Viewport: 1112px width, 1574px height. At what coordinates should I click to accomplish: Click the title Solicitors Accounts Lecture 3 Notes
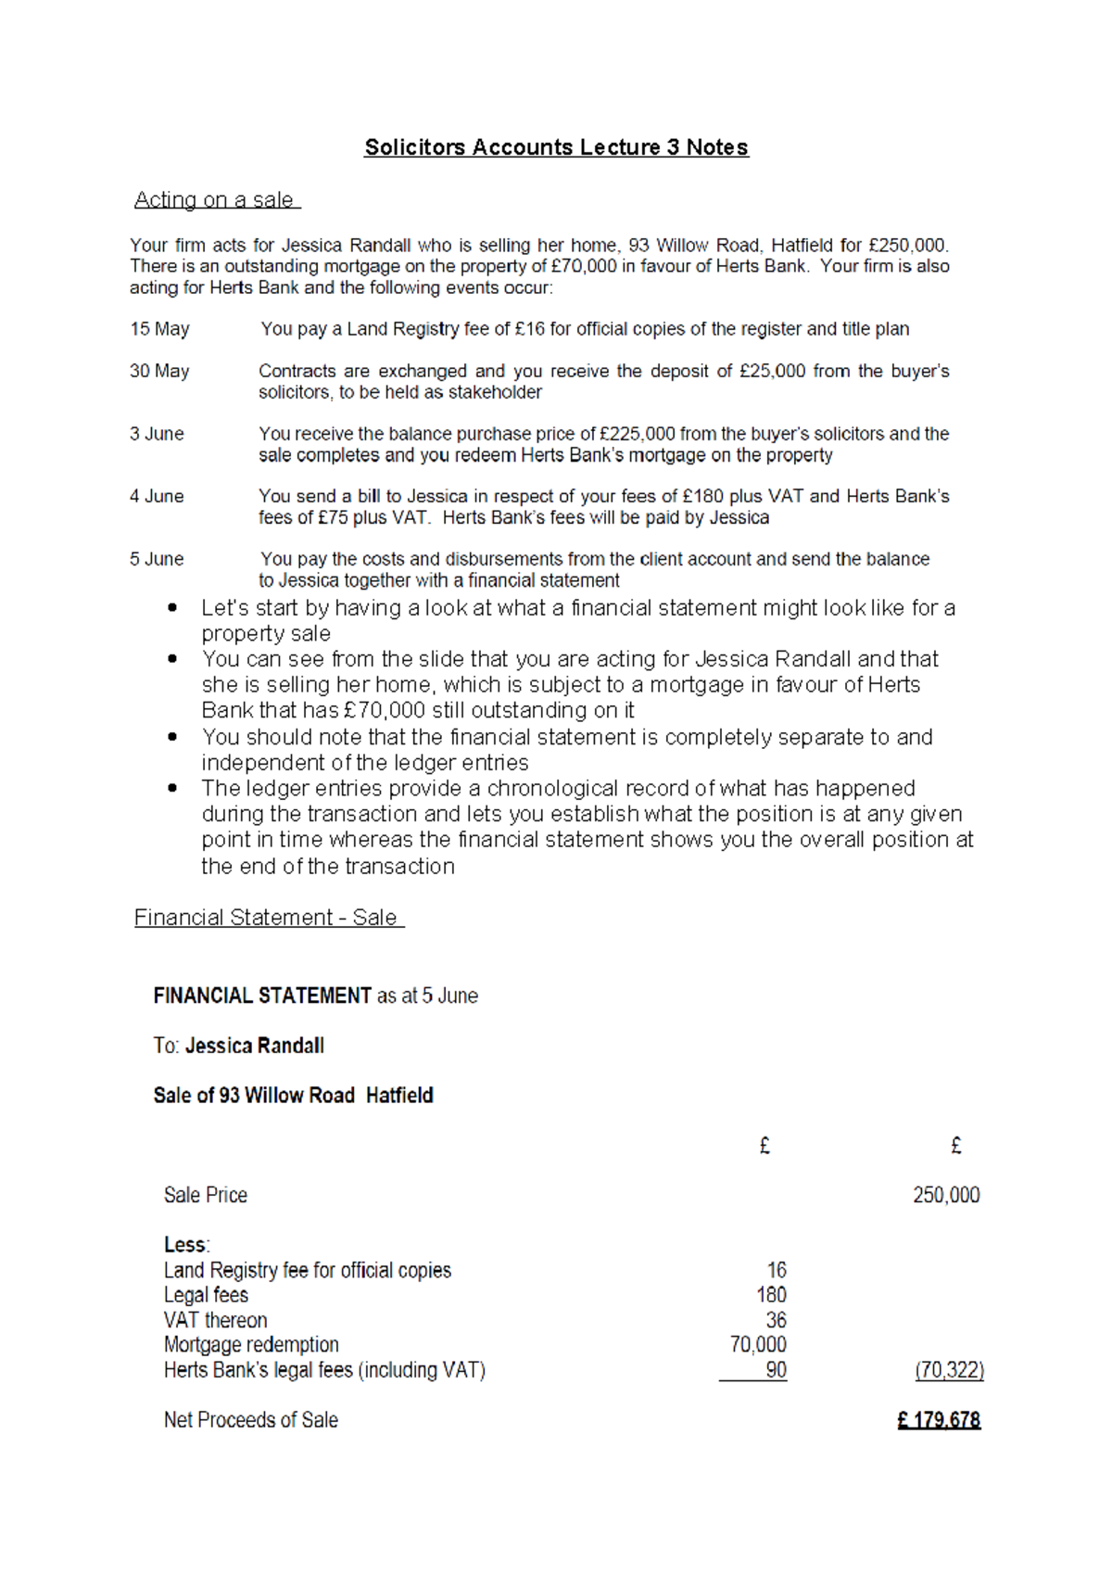(x=556, y=147)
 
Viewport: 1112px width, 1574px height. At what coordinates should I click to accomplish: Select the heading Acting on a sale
(x=215, y=200)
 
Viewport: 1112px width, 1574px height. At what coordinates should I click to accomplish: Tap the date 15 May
(x=159, y=329)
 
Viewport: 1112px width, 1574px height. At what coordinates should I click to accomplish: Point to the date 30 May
(x=159, y=371)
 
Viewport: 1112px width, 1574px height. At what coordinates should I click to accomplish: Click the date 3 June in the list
(x=157, y=434)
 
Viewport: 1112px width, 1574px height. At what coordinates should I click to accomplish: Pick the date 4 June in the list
(x=157, y=496)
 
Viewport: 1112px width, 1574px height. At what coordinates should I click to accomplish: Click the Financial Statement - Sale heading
(x=268, y=918)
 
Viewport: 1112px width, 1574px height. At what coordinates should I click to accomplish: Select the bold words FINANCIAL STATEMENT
(x=262, y=996)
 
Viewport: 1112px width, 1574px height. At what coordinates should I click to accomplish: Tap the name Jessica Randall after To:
(x=255, y=1046)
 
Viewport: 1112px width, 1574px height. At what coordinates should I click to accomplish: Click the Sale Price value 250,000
(x=946, y=1195)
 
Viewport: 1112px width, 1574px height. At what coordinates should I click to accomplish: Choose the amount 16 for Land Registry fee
(x=777, y=1270)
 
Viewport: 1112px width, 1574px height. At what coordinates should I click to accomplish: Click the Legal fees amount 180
(x=771, y=1295)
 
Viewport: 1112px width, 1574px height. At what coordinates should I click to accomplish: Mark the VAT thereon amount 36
(x=776, y=1320)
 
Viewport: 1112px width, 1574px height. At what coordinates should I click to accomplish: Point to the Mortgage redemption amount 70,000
(x=758, y=1345)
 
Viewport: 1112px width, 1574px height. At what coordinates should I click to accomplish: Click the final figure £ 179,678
(x=939, y=1420)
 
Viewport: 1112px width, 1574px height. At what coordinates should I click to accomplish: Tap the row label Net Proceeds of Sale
(x=250, y=1420)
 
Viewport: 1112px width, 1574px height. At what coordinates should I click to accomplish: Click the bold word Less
(x=185, y=1245)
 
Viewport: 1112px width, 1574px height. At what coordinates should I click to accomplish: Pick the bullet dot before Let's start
(x=172, y=608)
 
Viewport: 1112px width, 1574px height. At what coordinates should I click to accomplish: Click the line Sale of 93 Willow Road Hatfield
(x=293, y=1096)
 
